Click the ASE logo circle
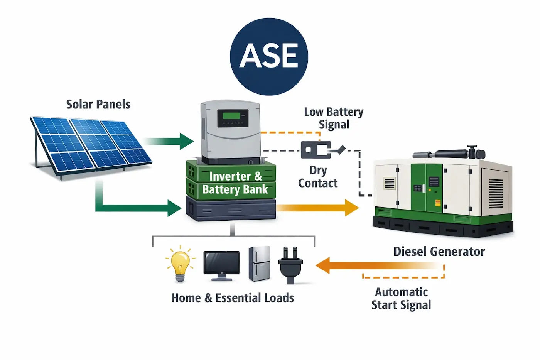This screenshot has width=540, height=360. click(269, 56)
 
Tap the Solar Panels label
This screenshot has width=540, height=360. click(98, 104)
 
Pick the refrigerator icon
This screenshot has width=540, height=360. click(259, 264)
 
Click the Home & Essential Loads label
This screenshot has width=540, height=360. click(233, 298)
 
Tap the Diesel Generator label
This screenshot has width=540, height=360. click(439, 252)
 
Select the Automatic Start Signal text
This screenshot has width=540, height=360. click(401, 298)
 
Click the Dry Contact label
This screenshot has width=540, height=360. click(318, 177)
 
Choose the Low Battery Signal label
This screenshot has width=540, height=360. click(334, 118)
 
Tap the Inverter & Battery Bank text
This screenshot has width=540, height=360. click(235, 183)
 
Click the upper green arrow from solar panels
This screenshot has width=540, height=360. click(170, 141)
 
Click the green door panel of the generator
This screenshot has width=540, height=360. click(426, 188)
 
